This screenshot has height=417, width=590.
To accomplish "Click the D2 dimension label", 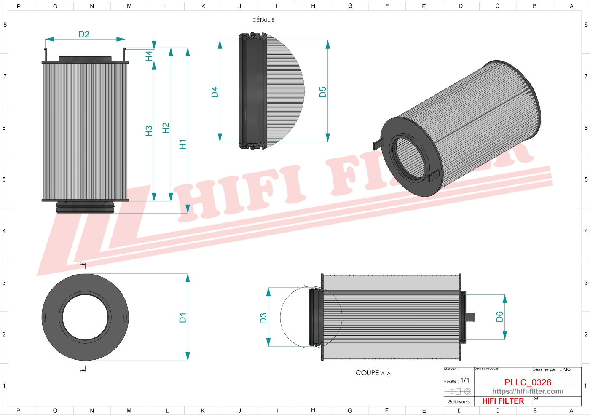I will click(x=84, y=35).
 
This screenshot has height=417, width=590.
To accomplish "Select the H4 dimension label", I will click(x=149, y=56).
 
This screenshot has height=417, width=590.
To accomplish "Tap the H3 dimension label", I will click(x=149, y=131).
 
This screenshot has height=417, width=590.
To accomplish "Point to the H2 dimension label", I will click(x=166, y=128).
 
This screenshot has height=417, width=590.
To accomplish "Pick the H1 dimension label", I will click(x=182, y=144).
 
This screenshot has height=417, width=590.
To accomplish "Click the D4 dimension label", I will click(x=215, y=92).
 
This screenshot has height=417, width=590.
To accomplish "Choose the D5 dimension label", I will click(x=323, y=92).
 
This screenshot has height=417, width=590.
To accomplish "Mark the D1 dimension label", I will click(x=182, y=318).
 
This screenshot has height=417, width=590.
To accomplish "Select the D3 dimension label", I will click(x=263, y=318).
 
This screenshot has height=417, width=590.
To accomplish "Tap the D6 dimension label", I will click(x=500, y=316).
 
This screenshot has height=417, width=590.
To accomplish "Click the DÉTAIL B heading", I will click(x=263, y=20).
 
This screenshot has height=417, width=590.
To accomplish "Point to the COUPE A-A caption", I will click(x=373, y=373).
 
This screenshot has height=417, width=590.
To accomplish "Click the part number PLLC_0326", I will click(x=528, y=382).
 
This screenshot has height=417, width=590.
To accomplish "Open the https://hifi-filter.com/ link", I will click(x=528, y=391).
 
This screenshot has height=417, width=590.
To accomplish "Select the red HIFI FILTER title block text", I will click(x=503, y=401).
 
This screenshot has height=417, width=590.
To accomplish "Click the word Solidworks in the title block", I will click(x=459, y=402).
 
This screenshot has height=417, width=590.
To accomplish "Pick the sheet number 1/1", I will click(x=464, y=381).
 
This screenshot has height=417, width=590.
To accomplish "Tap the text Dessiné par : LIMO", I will click(x=551, y=369).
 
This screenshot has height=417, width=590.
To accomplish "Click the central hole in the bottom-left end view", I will click(x=85, y=317).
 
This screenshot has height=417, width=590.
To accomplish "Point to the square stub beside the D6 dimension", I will click(x=470, y=317).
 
